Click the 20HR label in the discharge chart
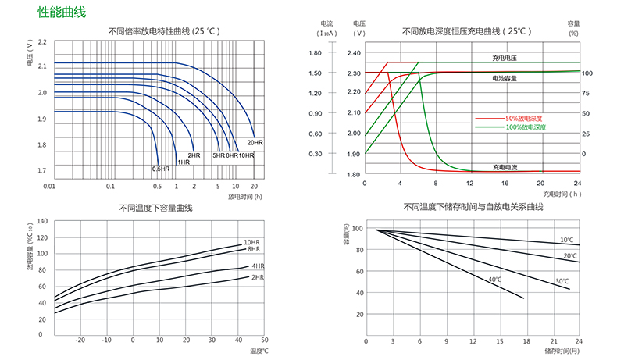255,143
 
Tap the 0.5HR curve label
160,169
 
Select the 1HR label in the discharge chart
184,162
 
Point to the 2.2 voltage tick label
41,42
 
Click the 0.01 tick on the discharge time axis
48,187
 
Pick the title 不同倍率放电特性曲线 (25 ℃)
163,31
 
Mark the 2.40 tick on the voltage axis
353,53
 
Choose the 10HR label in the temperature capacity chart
251,242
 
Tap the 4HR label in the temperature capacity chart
258,266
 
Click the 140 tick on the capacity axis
42,222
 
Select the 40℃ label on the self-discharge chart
494,280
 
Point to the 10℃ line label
566,240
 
